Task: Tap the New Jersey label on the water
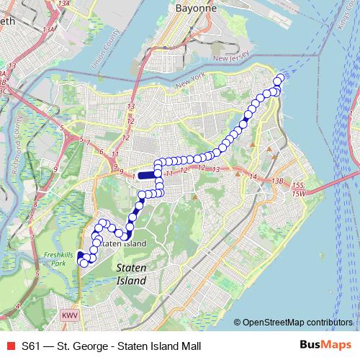click(230, 58)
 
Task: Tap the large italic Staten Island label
click(132, 274)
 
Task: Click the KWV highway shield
click(69, 316)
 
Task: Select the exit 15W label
click(299, 194)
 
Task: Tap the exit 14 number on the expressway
click(252, 176)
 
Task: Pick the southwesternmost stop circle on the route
click(84, 263)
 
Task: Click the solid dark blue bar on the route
click(148, 174)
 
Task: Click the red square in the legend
click(8, 345)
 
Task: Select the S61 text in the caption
click(31, 345)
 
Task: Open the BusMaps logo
click(322, 344)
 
